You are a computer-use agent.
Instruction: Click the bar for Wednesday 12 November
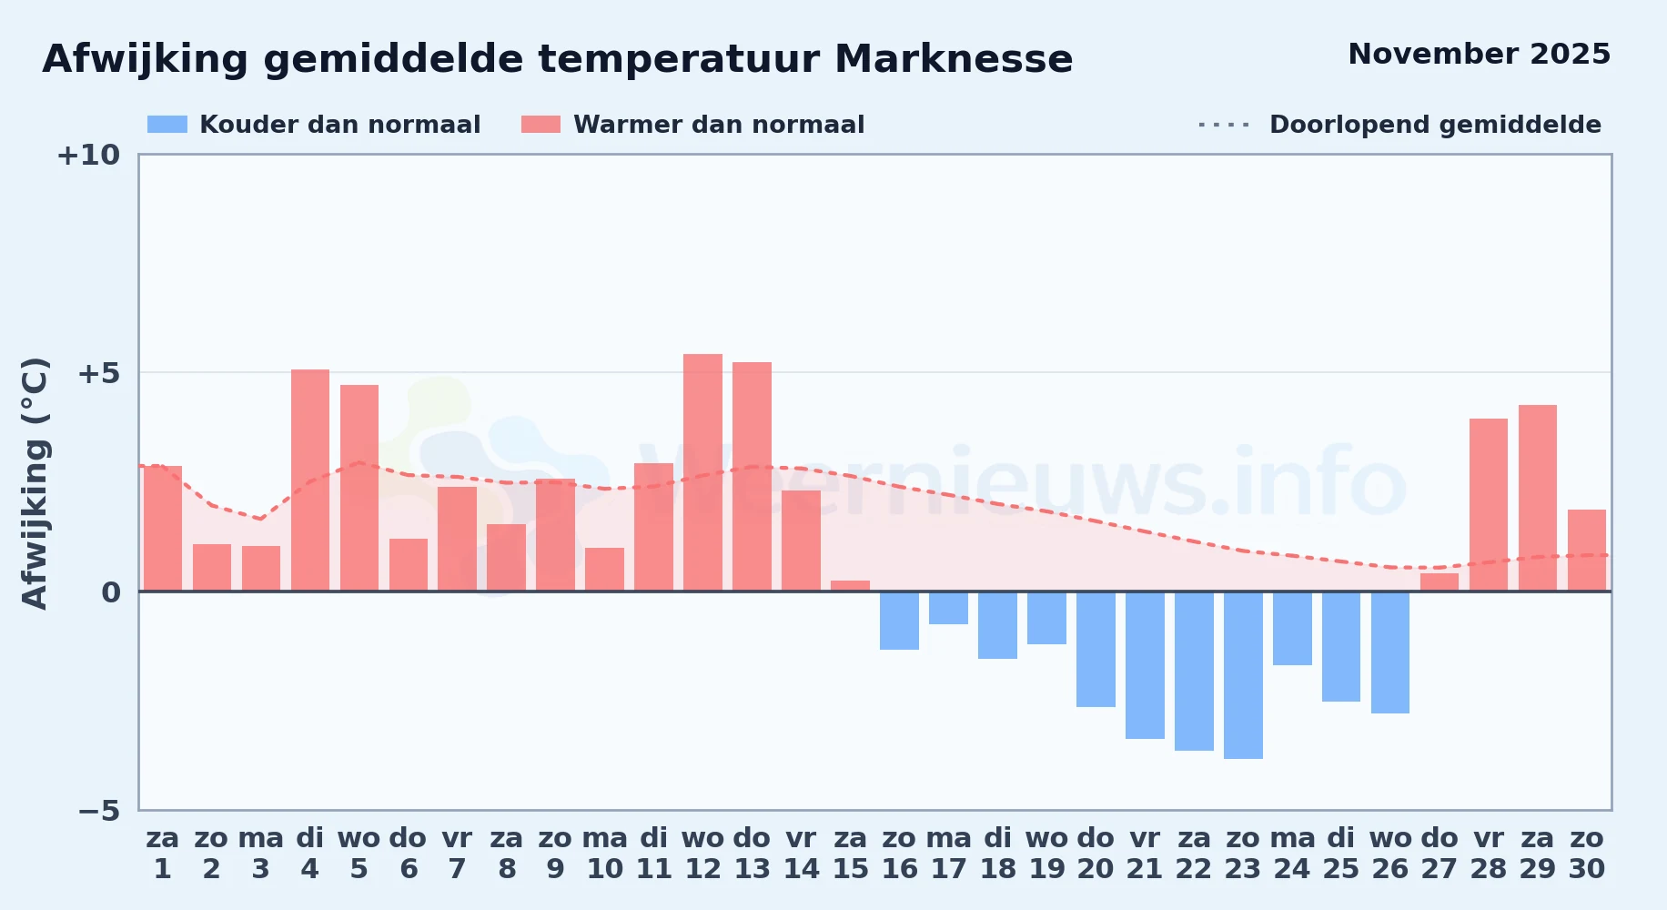click(702, 472)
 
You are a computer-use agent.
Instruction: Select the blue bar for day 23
click(1243, 675)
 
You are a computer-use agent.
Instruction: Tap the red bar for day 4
click(310, 480)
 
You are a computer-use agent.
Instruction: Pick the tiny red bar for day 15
click(850, 586)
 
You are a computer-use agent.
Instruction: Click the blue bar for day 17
click(948, 608)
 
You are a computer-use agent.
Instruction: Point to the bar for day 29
click(1538, 498)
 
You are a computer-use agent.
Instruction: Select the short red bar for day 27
click(1440, 582)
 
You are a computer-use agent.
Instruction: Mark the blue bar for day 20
click(1096, 649)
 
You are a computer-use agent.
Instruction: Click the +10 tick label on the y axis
click(88, 156)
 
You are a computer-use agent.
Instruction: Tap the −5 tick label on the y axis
click(98, 811)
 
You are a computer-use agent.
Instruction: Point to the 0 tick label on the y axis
click(111, 593)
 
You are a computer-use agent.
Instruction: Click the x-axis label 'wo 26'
click(1390, 854)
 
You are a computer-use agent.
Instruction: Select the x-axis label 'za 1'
click(163, 854)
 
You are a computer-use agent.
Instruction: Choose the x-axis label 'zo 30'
click(1587, 854)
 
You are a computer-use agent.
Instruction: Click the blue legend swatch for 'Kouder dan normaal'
click(167, 125)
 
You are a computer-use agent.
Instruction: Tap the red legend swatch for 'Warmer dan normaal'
click(541, 125)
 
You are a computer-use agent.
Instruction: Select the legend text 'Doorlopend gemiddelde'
click(1435, 125)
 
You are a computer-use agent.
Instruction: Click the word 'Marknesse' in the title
click(954, 59)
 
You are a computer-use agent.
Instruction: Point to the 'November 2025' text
click(1480, 55)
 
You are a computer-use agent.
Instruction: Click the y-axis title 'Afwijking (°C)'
click(35, 483)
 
